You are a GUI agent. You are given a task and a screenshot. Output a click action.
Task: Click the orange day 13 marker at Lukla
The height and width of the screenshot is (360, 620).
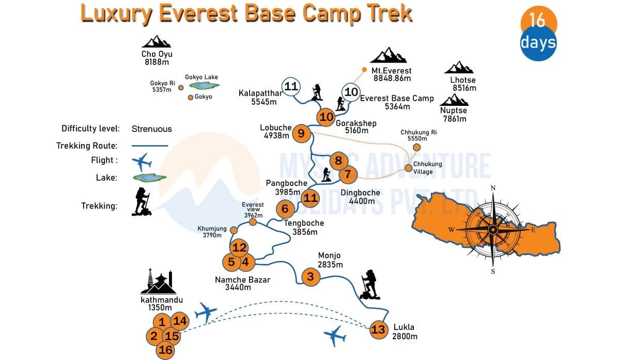pos(379,330)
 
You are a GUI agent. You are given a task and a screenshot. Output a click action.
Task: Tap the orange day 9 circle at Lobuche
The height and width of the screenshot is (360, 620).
pos(301,134)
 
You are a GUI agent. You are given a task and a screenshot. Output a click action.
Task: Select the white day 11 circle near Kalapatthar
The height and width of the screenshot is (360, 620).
pos(291,86)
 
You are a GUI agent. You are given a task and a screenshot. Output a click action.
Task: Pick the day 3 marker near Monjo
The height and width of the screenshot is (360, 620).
pos(310,277)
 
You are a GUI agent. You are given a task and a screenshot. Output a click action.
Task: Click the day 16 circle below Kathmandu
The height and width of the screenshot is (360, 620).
pos(166,350)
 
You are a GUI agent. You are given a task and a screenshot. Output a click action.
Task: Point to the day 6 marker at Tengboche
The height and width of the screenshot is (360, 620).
pos(285,209)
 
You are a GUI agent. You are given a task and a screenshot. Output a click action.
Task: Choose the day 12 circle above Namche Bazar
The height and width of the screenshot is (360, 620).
pos(239,247)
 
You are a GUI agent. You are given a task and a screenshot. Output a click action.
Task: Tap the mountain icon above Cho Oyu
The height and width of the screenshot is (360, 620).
pos(157,42)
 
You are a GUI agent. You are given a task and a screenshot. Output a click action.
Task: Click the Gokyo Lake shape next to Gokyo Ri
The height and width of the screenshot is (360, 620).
pos(204,86)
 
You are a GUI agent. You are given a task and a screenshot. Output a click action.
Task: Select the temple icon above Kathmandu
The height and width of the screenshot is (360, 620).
pos(158,283)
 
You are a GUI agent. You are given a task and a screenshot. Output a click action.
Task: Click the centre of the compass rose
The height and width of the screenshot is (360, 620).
pos(493,229)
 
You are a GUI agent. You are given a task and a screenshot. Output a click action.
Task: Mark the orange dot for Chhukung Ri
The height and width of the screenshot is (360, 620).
pos(417,147)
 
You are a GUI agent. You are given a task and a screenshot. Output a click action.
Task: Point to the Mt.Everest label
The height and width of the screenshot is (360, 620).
pos(391,70)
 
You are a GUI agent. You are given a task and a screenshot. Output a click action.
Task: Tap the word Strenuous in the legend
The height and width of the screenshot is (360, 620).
pos(151,129)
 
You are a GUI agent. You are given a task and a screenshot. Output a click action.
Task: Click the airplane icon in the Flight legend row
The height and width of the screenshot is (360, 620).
pos(142,162)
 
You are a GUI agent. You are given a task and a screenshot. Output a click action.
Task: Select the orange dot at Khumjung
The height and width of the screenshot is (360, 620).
pos(234,230)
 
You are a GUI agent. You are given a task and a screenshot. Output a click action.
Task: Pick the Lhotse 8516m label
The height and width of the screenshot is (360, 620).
pos(463,84)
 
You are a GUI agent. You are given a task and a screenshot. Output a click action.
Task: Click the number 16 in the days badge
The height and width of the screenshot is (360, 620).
pos(538,20)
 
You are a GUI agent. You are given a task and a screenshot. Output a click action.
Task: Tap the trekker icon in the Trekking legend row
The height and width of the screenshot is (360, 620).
pos(142,201)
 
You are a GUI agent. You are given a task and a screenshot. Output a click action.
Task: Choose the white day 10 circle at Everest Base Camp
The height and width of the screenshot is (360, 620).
pos(351,92)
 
